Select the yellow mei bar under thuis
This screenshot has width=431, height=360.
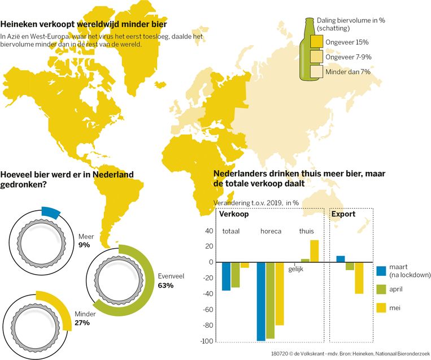click(x=314, y=251)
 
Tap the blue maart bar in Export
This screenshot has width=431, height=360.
click(x=340, y=259)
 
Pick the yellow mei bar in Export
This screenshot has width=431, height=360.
click(x=359, y=277)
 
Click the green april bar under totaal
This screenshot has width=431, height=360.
click(x=235, y=275)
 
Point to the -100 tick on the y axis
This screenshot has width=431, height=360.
click(x=207, y=341)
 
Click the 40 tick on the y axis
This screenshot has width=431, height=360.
click(x=210, y=231)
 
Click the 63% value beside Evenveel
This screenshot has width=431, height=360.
click(x=166, y=285)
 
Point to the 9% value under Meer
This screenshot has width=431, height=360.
click(x=84, y=245)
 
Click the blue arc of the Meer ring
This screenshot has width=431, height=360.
click(x=50, y=212)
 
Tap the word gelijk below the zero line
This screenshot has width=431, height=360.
click(x=296, y=269)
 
